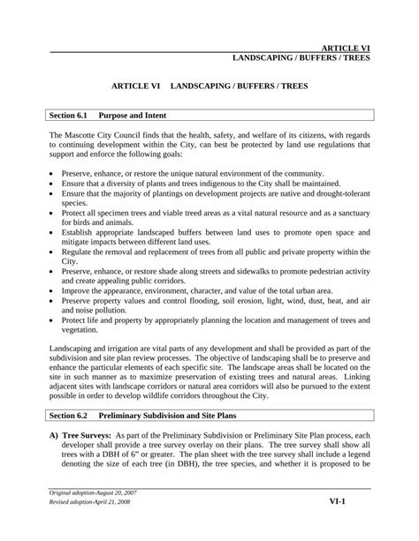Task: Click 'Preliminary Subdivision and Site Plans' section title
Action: (x=180, y=413)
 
